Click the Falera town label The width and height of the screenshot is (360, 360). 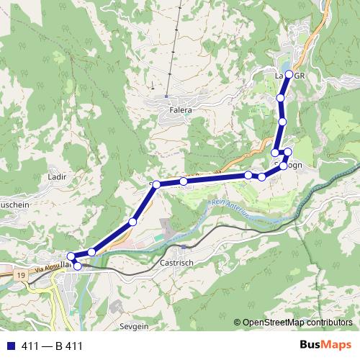coord(181,109)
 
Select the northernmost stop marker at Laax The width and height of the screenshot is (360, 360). coord(290,74)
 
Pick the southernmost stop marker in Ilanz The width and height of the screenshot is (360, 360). coord(78,266)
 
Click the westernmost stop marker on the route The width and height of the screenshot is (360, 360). coord(71,256)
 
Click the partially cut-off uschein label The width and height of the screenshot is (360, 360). coord(15,204)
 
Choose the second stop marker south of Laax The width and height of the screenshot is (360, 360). coord(283,122)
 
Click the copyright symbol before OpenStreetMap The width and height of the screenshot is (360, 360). coord(237,323)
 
